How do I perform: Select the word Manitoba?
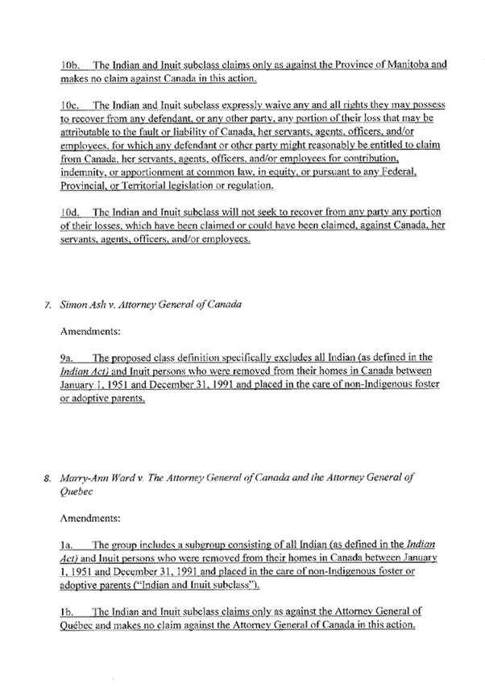point(412,64)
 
